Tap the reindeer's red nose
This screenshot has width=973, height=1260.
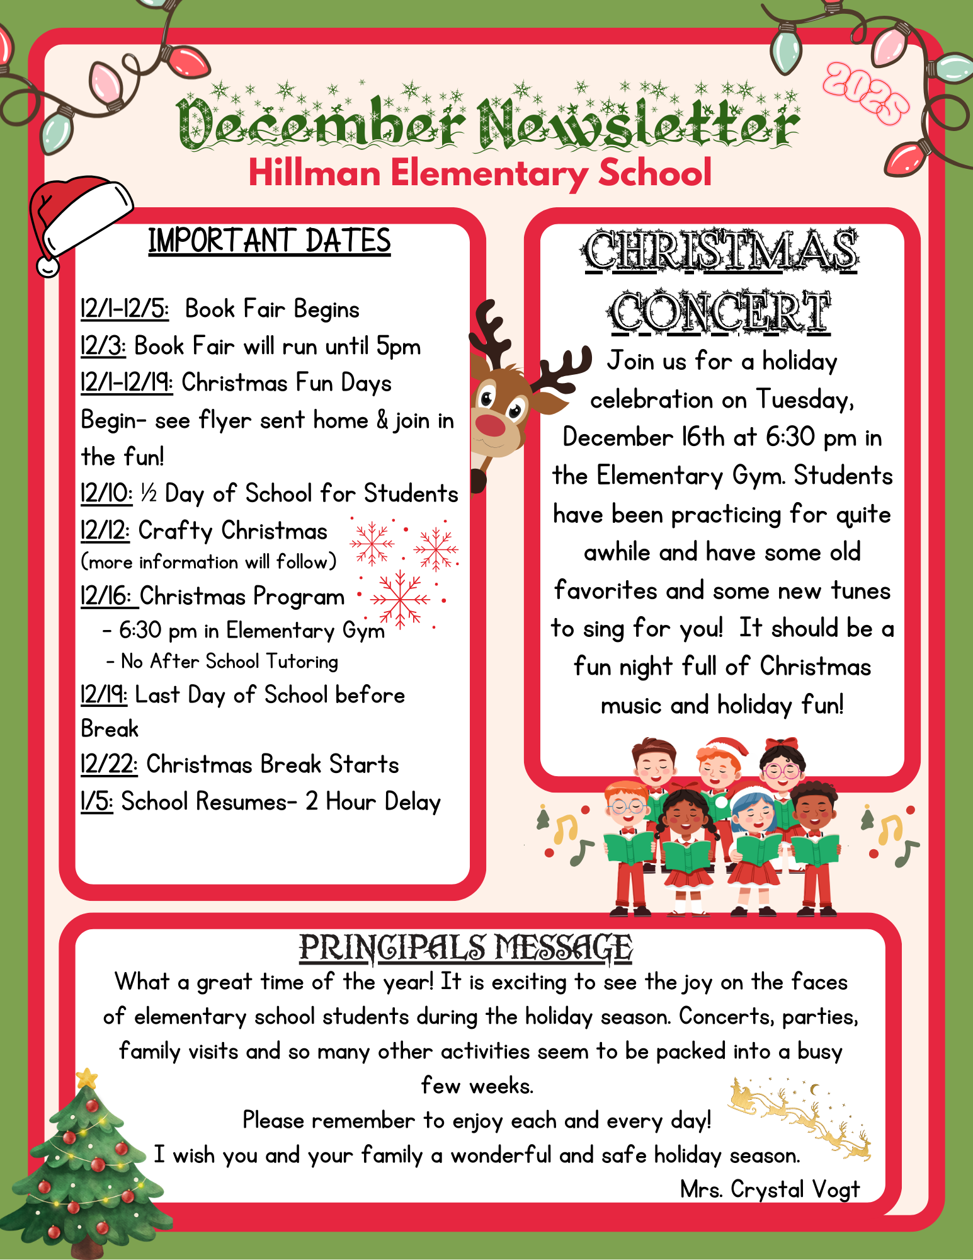click(x=491, y=423)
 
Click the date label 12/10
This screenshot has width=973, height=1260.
click(x=106, y=494)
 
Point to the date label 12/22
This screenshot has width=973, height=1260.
click(x=108, y=765)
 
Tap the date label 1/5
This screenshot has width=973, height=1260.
click(x=96, y=802)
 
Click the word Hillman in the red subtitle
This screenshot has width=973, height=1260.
click(x=314, y=173)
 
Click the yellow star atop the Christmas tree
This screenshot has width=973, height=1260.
click(x=87, y=1079)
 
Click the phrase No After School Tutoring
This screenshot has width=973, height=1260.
click(x=229, y=661)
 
